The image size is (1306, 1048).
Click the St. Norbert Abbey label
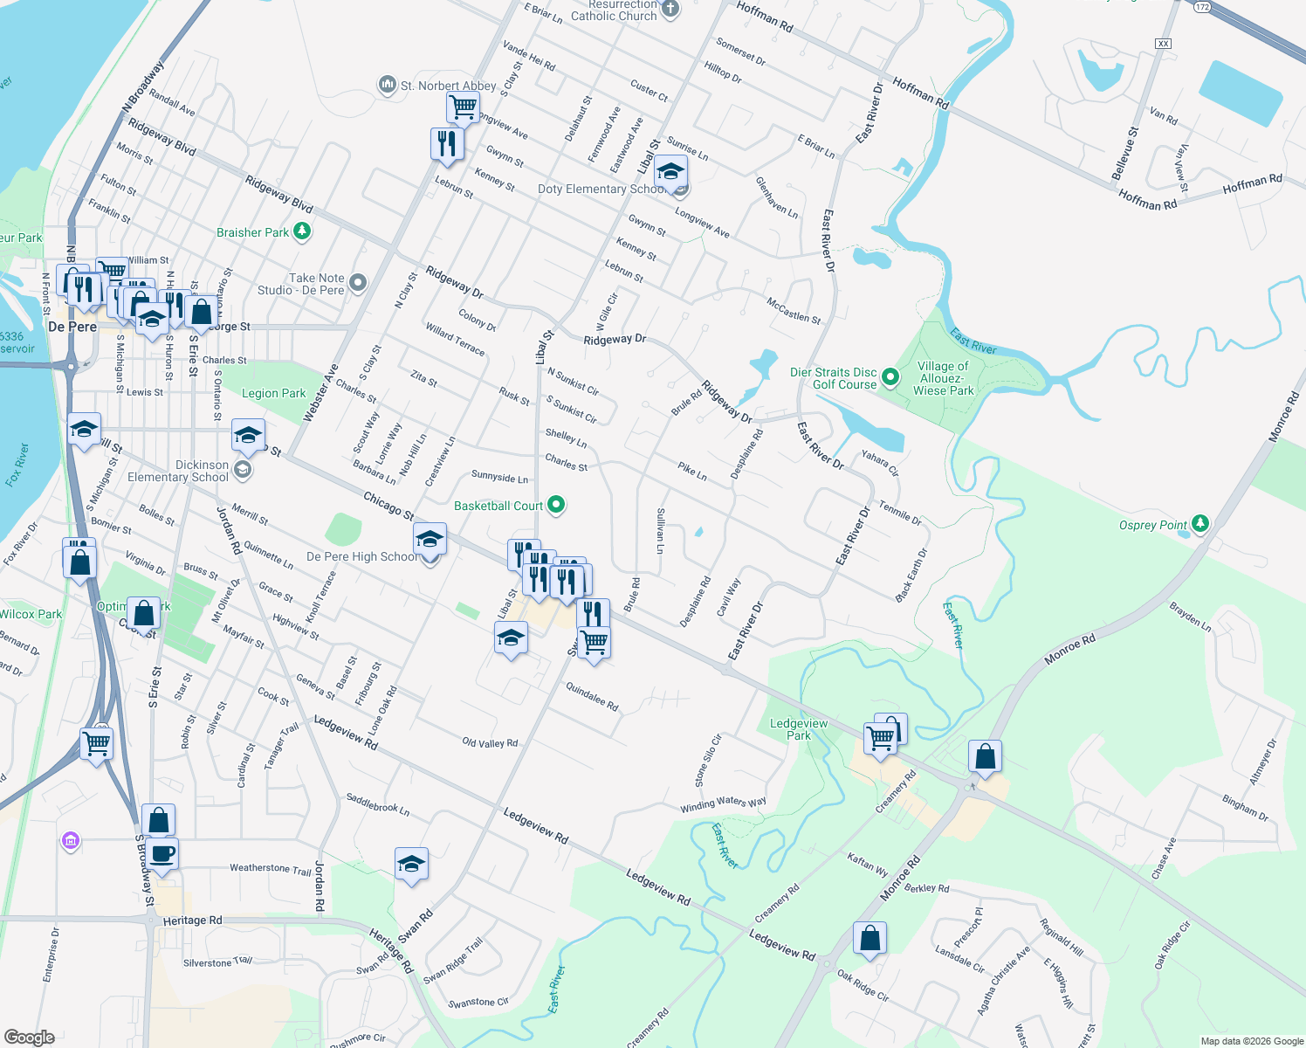(448, 86)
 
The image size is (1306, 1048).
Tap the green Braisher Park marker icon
(302, 231)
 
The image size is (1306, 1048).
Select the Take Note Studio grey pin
(358, 282)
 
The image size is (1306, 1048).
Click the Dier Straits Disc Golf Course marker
(890, 377)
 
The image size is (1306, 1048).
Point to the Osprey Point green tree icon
(1201, 523)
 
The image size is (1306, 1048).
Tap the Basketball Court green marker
(556, 505)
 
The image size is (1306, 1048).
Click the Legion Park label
(274, 394)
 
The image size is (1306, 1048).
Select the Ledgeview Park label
(799, 729)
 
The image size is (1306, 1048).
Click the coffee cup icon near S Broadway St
(162, 853)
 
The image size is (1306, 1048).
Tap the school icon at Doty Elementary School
(670, 171)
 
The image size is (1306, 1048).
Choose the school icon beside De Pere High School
(430, 540)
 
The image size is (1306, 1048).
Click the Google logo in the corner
(30, 1038)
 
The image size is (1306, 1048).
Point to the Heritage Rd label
(192, 920)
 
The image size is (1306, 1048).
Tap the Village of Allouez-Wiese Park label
(943, 378)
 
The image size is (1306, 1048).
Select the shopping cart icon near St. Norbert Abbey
(463, 107)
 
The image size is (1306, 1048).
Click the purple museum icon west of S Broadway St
(71, 841)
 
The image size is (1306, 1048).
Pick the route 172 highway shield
(1203, 7)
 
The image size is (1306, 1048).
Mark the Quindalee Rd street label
(592, 697)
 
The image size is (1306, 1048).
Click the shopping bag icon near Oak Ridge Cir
(870, 939)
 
